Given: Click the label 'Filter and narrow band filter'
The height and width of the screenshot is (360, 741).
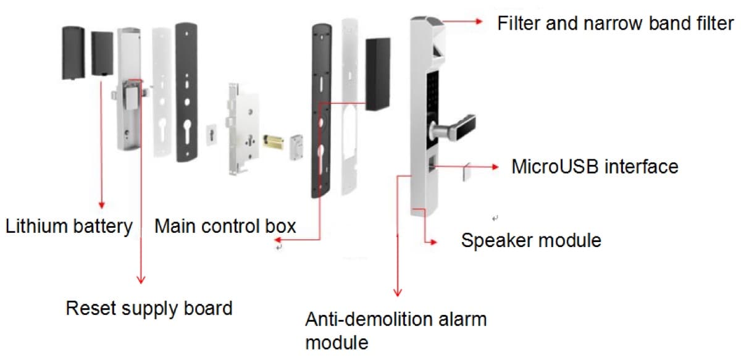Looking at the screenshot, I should click(615, 23).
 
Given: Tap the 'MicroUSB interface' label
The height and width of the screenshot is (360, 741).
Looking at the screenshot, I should click(595, 167).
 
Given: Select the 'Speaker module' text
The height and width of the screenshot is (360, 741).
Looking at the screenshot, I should click(531, 240).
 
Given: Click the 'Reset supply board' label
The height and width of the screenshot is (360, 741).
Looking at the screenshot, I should click(149, 308).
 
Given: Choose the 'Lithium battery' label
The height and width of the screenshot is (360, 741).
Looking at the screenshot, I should click(69, 226).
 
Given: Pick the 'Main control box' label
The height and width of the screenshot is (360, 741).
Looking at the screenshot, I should click(225, 226).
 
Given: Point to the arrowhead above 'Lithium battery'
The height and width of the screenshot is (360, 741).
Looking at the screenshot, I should click(101, 205).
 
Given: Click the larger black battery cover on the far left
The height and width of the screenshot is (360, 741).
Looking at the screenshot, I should click(73, 52).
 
